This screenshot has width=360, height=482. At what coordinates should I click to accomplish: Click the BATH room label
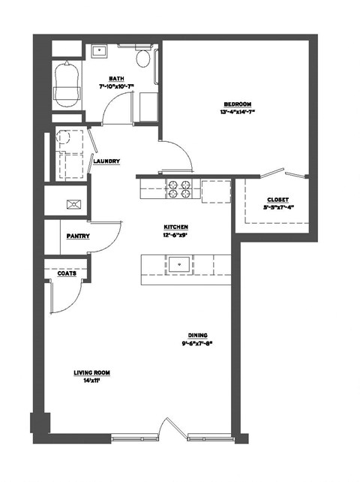[116, 78]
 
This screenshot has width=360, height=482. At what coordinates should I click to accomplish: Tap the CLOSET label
[277, 200]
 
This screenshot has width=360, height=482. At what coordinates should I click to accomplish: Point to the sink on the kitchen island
[179, 264]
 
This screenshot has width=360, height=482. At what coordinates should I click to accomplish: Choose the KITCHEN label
[176, 227]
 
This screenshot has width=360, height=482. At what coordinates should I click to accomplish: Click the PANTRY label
[78, 236]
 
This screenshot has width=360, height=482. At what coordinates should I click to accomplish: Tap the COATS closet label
[67, 273]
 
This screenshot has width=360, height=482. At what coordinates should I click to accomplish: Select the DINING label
[198, 336]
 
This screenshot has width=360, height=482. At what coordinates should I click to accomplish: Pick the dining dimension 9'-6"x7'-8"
[198, 344]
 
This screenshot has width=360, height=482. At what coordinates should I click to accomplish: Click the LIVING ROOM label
[92, 372]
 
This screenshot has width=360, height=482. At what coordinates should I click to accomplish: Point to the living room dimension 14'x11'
[92, 381]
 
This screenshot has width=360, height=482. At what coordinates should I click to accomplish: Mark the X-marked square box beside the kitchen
[73, 203]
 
